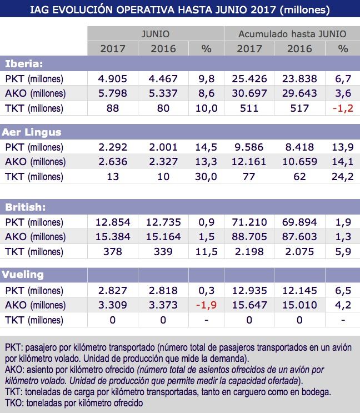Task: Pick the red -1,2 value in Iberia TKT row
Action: point(343,108)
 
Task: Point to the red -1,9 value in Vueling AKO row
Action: point(206,305)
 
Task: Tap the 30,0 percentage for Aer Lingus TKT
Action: point(206,177)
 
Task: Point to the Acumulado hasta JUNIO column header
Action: point(292,34)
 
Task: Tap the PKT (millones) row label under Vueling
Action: point(34,290)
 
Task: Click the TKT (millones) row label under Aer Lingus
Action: point(34,177)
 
